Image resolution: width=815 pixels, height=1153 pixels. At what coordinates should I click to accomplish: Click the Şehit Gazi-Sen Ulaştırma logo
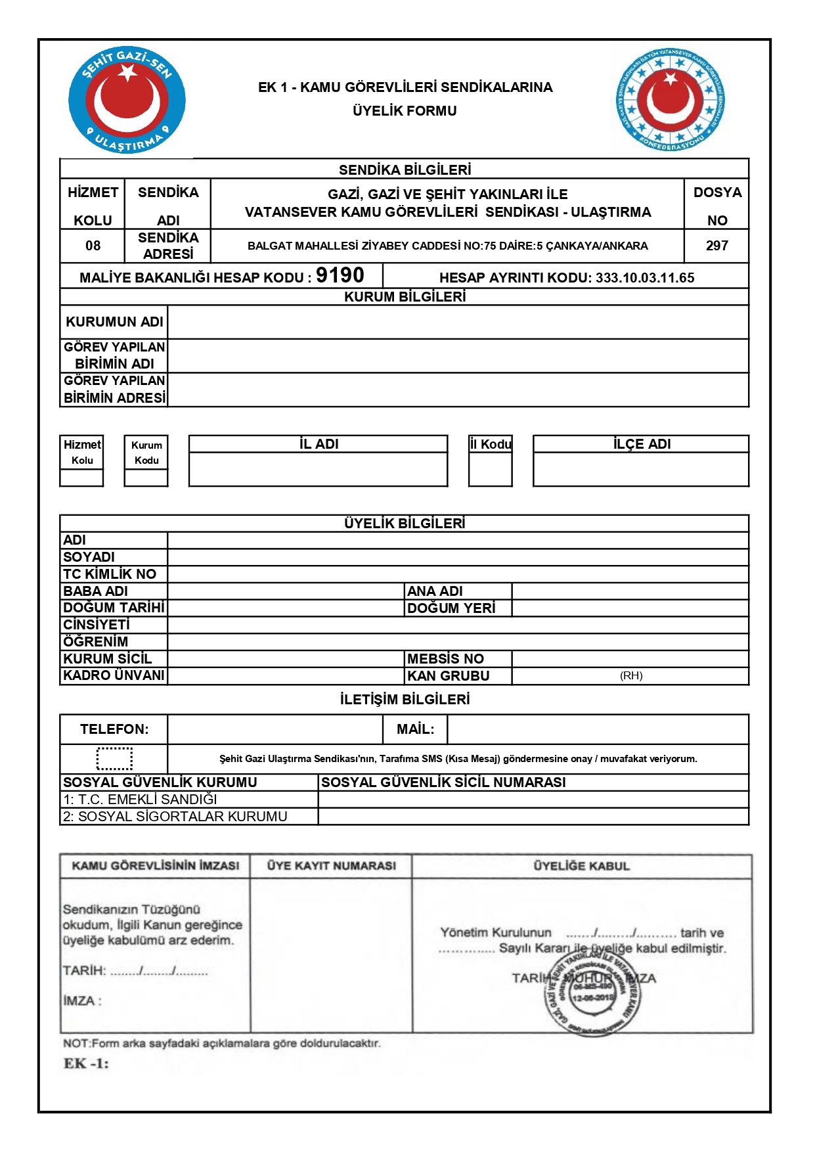(127, 101)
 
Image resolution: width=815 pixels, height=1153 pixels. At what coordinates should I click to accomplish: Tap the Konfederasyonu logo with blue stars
(671, 101)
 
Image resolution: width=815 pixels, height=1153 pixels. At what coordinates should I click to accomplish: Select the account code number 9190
(340, 275)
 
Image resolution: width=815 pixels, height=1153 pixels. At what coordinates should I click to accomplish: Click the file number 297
(716, 246)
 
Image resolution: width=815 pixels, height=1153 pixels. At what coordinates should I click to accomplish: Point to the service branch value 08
(93, 246)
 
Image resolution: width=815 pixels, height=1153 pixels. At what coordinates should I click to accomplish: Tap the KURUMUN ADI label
(114, 322)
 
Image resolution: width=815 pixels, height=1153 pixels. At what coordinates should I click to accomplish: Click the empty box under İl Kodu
(490, 469)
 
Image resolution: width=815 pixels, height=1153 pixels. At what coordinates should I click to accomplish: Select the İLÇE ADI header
(641, 444)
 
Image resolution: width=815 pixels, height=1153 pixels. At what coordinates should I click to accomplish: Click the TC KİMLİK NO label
(110, 574)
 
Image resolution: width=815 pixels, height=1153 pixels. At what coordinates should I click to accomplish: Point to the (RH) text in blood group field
(631, 675)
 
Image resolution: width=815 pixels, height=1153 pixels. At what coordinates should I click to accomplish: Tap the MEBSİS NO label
(445, 659)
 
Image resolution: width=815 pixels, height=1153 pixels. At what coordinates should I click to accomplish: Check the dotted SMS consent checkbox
(114, 758)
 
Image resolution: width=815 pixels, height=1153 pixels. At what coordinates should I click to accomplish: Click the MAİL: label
(415, 729)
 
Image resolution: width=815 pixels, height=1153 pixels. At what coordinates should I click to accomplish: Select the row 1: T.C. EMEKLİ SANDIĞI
(140, 800)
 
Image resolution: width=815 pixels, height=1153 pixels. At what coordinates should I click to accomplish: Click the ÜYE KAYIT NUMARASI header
(331, 866)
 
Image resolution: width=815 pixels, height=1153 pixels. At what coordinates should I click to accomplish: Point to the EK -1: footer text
(86, 1064)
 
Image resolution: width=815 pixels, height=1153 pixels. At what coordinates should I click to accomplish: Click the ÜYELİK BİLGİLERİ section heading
(405, 524)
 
